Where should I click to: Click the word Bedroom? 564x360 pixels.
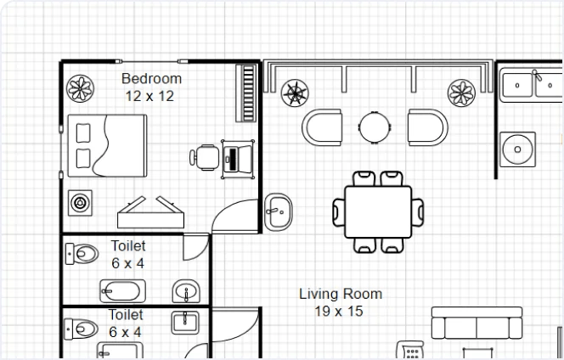pyautogui.click(x=151, y=79)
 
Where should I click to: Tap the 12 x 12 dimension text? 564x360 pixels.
pyautogui.click(x=149, y=96)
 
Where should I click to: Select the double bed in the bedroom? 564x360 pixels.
pyautogui.click(x=107, y=146)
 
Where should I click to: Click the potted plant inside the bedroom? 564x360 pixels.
pyautogui.click(x=80, y=88)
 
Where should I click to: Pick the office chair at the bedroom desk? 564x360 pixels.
pyautogui.click(x=205, y=157)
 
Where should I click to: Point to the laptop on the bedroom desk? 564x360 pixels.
pyautogui.click(x=238, y=160)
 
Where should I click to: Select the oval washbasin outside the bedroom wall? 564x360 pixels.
pyautogui.click(x=278, y=212)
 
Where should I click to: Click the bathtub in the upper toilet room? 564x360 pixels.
pyautogui.click(x=122, y=291)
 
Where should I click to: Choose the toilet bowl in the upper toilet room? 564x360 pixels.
pyautogui.click(x=82, y=254)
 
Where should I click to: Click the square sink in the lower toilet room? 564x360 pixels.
pyautogui.click(x=185, y=323)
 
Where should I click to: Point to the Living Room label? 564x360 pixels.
pyautogui.click(x=341, y=294)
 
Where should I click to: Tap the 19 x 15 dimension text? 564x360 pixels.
pyautogui.click(x=339, y=312)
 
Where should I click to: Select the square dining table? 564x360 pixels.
pyautogui.click(x=378, y=211)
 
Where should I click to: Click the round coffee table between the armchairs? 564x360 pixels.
pyautogui.click(x=375, y=127)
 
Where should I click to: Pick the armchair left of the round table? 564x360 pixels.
pyautogui.click(x=322, y=127)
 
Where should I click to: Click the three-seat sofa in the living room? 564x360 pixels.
pyautogui.click(x=477, y=323)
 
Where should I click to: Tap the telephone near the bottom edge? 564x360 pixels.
pyautogui.click(x=410, y=350)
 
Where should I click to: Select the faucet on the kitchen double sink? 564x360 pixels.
pyautogui.click(x=537, y=75)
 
